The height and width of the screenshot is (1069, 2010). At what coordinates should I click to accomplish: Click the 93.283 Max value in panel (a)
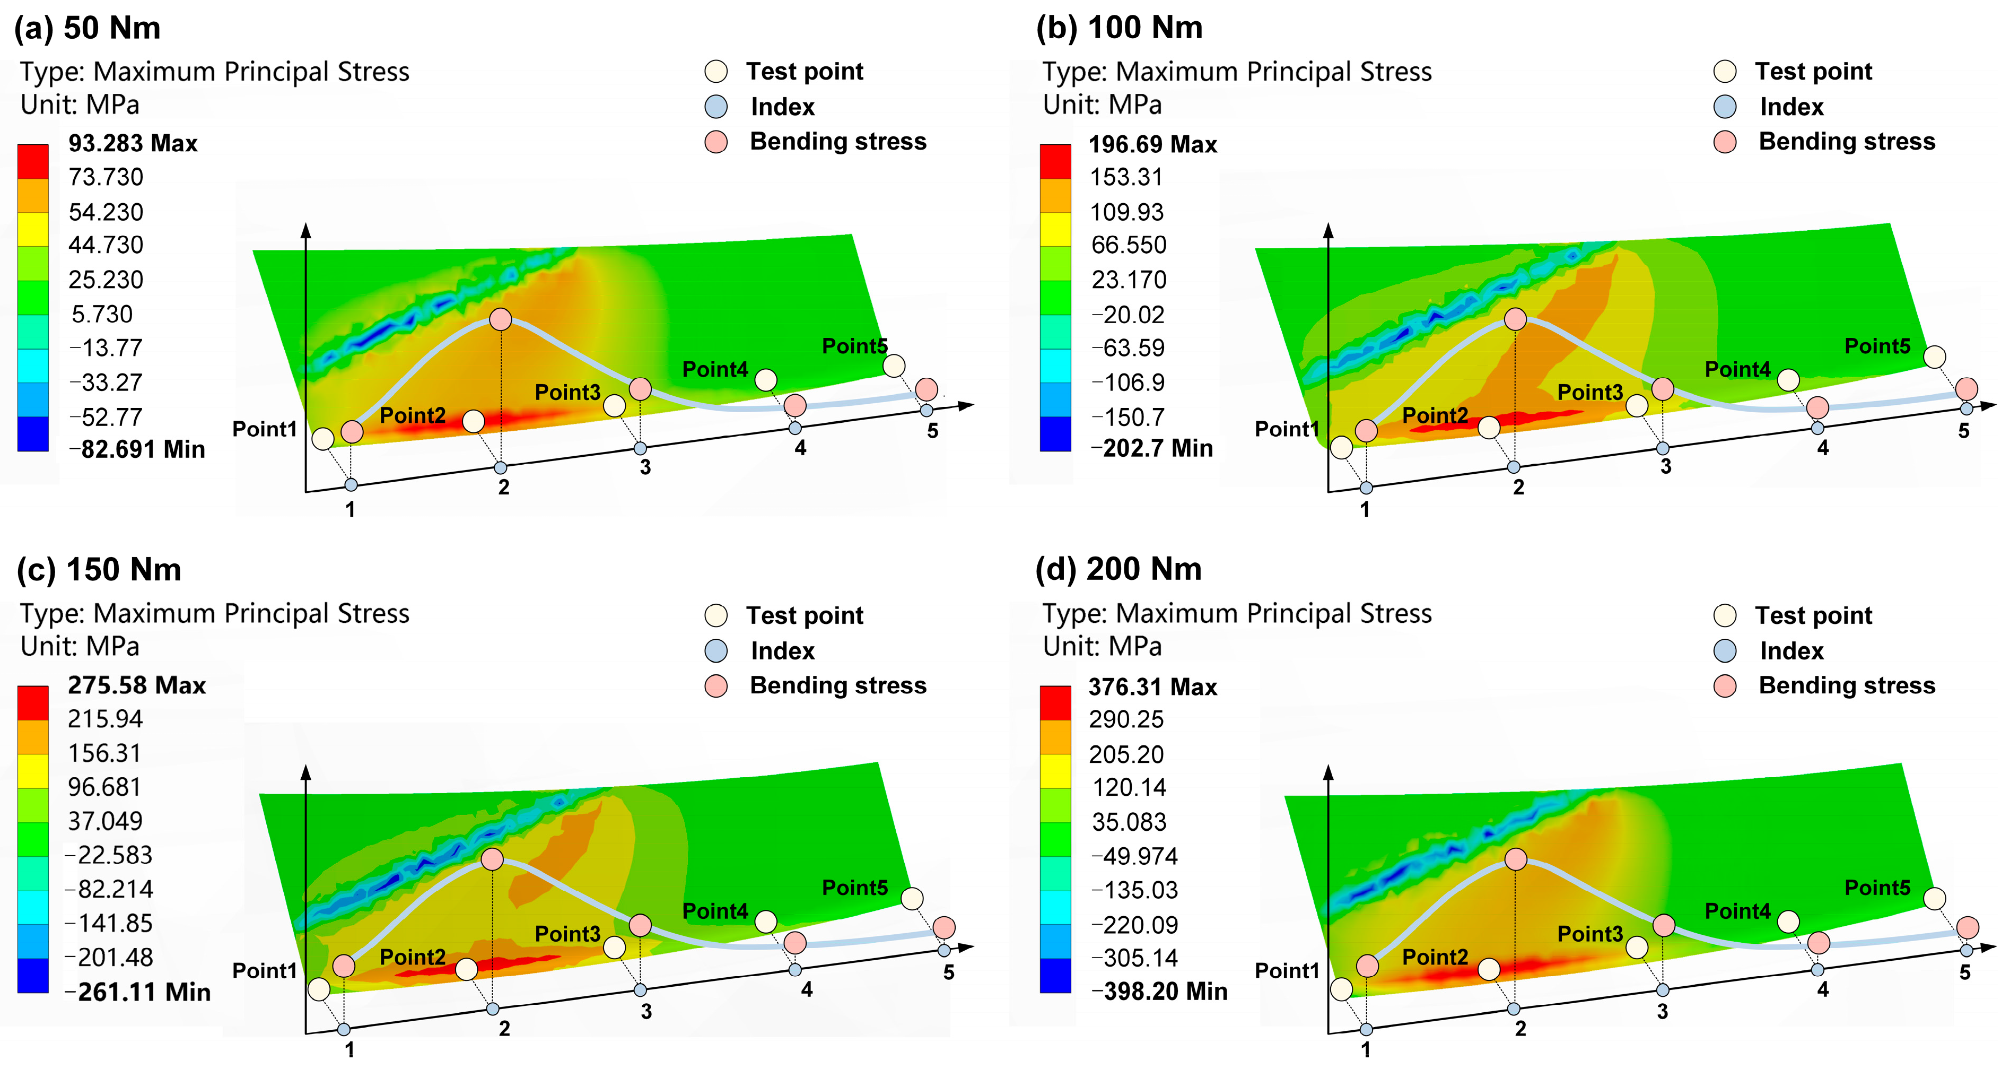click(x=133, y=144)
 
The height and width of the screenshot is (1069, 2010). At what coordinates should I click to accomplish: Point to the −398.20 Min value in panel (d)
click(x=1159, y=992)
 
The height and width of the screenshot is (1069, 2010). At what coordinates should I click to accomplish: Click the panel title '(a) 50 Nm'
click(x=88, y=28)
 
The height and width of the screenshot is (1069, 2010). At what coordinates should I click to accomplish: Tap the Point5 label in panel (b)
click(x=1877, y=346)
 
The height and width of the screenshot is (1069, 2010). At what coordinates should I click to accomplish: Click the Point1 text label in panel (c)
click(x=265, y=971)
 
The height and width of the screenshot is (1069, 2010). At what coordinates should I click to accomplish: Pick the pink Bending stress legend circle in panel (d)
click(x=1725, y=686)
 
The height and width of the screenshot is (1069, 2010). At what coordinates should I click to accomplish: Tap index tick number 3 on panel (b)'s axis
click(x=1665, y=467)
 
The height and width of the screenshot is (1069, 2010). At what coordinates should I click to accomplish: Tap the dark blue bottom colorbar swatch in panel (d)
click(x=1055, y=976)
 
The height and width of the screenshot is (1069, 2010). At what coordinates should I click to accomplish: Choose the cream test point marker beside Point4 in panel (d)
click(x=1788, y=922)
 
